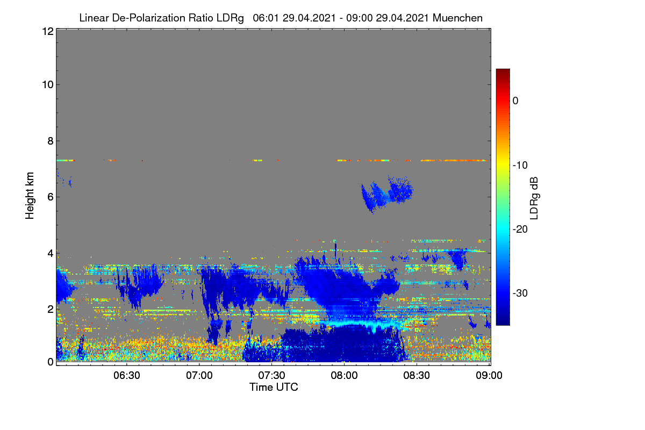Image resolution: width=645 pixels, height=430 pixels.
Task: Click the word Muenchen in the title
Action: click(x=457, y=18)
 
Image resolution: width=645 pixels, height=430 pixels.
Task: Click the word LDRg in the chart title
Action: click(x=230, y=18)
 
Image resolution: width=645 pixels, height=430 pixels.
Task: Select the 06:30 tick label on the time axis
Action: click(x=127, y=376)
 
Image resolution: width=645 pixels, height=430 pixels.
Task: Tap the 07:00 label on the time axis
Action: click(x=199, y=376)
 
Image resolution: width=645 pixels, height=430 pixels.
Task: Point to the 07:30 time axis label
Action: click(x=271, y=376)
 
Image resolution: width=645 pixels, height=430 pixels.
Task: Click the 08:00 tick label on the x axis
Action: click(x=344, y=376)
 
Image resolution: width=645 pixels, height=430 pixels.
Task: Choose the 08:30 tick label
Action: click(x=417, y=376)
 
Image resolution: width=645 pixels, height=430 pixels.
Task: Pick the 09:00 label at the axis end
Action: click(x=489, y=376)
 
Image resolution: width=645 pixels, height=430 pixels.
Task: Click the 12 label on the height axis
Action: click(x=48, y=31)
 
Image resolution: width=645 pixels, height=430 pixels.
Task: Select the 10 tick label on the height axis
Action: click(x=48, y=85)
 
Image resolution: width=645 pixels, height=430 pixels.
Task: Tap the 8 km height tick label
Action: click(x=51, y=141)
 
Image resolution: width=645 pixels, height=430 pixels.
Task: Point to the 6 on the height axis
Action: click(x=51, y=197)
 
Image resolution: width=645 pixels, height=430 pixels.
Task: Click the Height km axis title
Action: click(x=30, y=196)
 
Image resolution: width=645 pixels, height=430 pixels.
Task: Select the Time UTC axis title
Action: click(x=274, y=388)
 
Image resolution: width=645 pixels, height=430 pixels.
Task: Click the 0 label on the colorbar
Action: click(x=515, y=101)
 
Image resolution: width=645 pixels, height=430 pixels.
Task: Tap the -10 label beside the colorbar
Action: click(x=520, y=166)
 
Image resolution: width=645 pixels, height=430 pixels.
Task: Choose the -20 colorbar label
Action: click(x=520, y=230)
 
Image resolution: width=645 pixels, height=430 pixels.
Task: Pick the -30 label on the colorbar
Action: click(x=520, y=293)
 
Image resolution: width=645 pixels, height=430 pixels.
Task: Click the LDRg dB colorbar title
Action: click(x=534, y=198)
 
